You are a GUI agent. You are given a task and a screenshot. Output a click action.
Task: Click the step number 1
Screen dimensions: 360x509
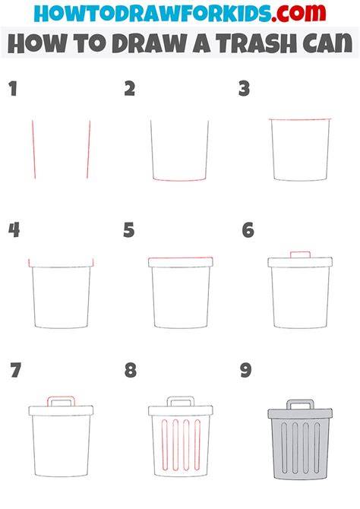coord(13,89)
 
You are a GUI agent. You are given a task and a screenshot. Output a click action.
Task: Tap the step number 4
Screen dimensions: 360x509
coord(14,230)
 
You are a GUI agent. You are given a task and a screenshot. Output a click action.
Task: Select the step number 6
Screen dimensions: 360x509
coord(248,230)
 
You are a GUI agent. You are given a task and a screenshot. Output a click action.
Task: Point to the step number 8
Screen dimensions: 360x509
coord(131,371)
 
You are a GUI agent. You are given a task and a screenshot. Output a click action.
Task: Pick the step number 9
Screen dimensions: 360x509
coord(246,371)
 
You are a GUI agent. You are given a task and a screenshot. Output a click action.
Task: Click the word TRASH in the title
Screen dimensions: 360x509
coord(256,43)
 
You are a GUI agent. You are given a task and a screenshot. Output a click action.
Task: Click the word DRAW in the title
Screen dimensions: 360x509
coord(150,43)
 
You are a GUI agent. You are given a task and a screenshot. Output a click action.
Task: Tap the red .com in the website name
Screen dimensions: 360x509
coord(298,13)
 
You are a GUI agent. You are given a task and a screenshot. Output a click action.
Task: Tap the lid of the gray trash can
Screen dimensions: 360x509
coord(300,414)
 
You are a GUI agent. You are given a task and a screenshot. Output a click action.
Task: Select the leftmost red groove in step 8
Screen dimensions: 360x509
coord(165,444)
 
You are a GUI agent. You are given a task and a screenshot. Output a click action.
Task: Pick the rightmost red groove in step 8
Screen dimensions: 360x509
coord(197,444)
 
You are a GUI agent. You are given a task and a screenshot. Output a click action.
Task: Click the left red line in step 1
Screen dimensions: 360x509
coord(33,150)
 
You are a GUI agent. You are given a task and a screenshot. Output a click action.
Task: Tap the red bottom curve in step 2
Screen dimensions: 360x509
coord(179,180)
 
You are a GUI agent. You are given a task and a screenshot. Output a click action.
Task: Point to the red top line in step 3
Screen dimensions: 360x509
coord(300,119)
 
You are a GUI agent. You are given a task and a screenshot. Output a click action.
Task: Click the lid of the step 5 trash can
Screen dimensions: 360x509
coord(181,262)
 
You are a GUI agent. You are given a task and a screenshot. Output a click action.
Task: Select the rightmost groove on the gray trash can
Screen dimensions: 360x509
coord(317,447)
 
